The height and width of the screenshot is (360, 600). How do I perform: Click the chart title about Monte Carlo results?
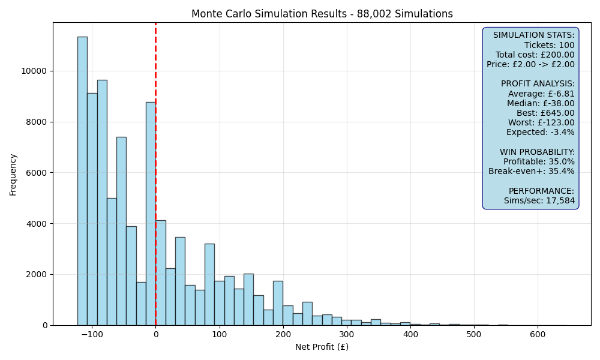point(322,14)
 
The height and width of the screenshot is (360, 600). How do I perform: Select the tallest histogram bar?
point(82,181)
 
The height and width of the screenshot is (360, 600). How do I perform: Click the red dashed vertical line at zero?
point(156,174)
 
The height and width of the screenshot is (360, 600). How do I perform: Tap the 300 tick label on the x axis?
point(347,334)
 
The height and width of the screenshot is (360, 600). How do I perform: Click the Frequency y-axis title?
point(13,175)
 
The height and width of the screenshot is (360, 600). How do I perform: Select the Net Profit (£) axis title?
point(322,347)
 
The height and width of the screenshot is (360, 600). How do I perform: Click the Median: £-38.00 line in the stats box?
point(541,103)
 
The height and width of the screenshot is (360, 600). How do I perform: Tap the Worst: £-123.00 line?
point(541,122)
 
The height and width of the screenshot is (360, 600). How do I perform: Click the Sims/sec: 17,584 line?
point(539,200)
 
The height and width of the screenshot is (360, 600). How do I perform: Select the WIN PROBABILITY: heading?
point(537,152)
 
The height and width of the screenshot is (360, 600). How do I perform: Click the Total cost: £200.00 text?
point(535,55)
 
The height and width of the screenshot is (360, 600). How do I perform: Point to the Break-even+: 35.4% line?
point(532,171)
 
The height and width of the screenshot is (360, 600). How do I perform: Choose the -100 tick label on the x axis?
point(92,334)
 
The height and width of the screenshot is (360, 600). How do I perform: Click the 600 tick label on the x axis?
point(538,334)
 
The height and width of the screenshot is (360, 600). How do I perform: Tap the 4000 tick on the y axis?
point(38,224)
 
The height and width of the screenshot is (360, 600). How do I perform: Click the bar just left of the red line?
point(151,214)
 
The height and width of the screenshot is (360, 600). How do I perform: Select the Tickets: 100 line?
point(550,45)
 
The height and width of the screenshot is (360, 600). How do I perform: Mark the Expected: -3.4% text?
point(541,133)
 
